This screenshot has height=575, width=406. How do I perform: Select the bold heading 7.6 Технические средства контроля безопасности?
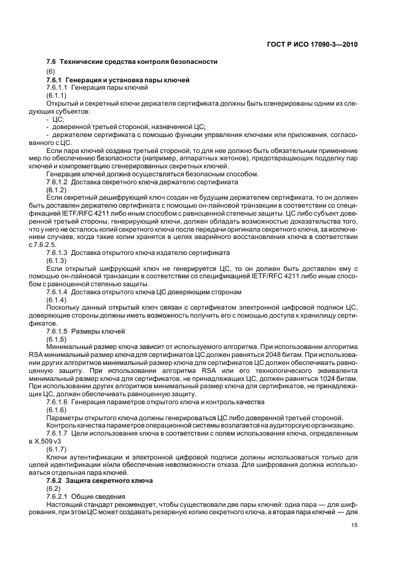click(x=132, y=63)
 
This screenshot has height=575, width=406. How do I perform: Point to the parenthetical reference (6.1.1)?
click(x=56, y=96)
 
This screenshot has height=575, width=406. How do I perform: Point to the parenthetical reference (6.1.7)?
click(x=56, y=449)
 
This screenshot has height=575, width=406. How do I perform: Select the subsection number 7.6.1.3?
click(x=58, y=252)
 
